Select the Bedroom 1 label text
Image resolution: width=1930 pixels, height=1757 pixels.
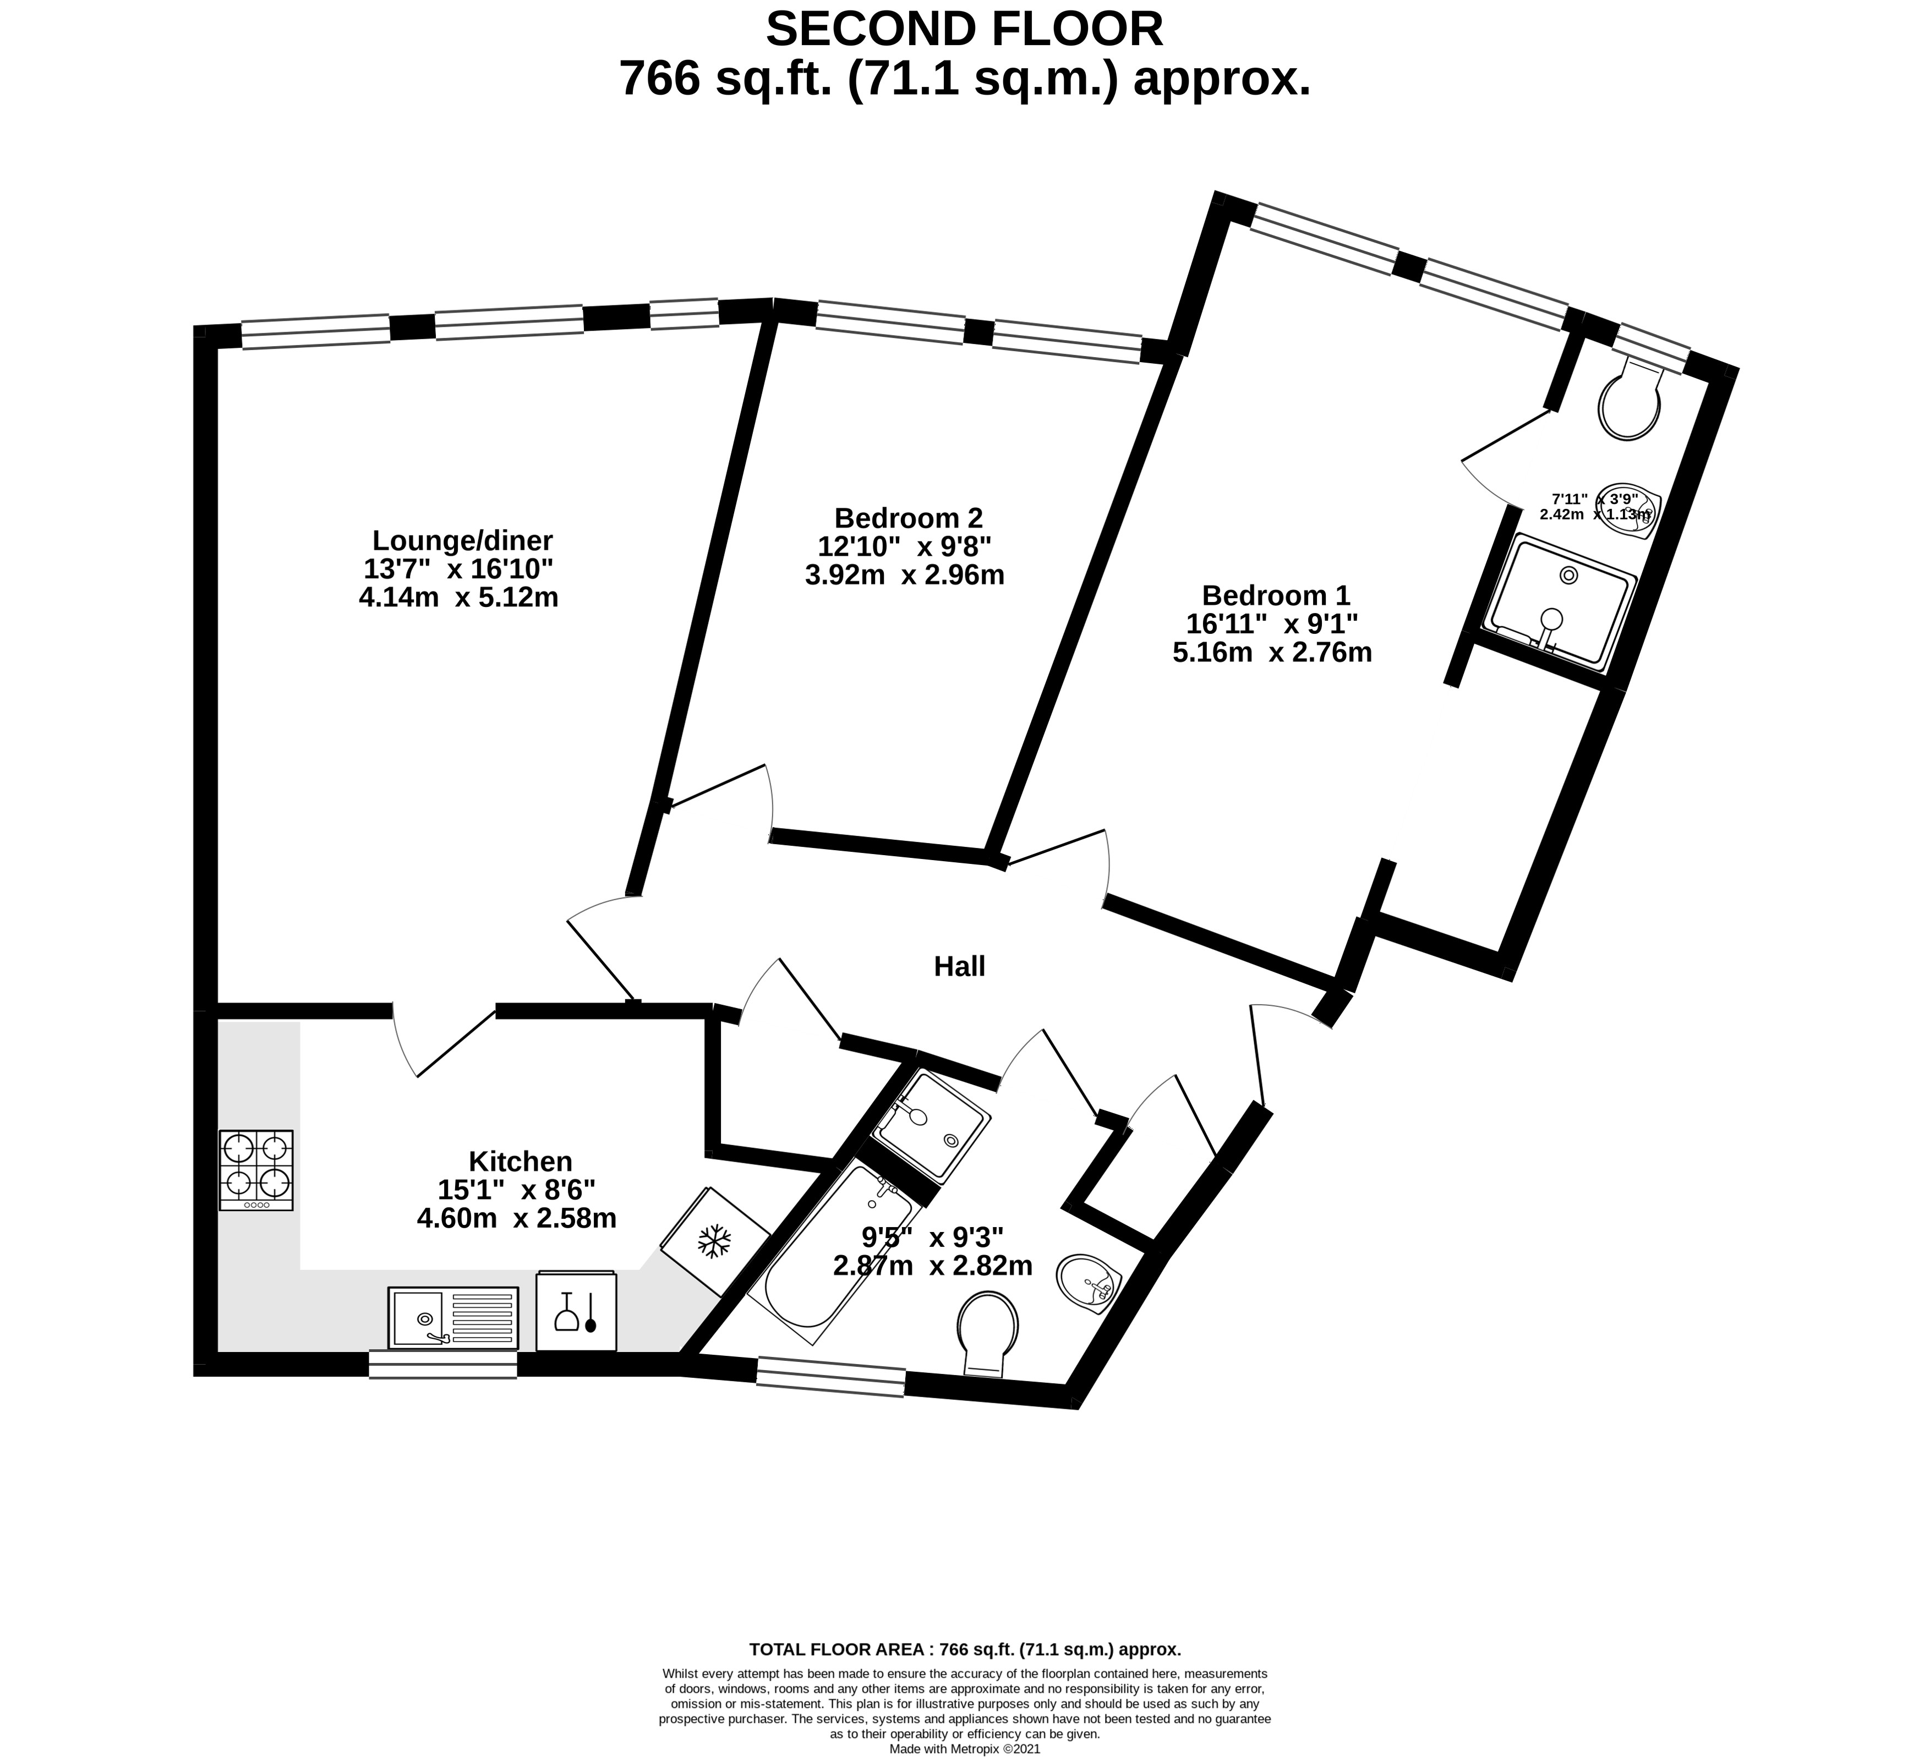1275,595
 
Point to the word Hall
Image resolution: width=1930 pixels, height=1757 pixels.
959,967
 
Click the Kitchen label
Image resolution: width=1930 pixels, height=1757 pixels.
520,1162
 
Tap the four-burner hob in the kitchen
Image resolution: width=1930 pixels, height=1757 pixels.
255,1169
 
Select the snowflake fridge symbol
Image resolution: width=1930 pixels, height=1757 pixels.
714,1242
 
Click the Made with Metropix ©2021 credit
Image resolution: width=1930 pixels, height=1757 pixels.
964,1748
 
